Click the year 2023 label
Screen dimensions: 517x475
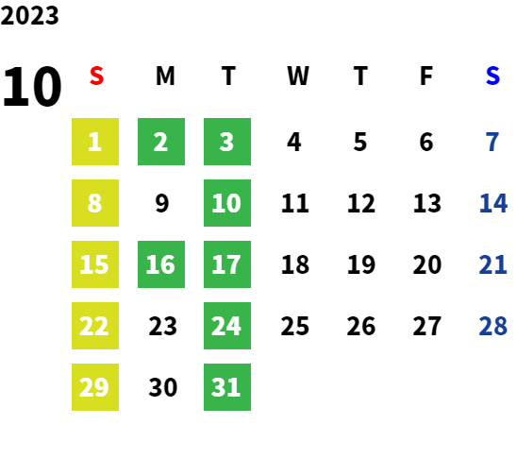click(x=29, y=15)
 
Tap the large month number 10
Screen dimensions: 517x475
click(x=32, y=86)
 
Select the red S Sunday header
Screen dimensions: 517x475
click(x=96, y=76)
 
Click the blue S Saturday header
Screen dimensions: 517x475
click(x=492, y=76)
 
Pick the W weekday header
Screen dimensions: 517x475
click(x=298, y=76)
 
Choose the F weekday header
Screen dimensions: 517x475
click(x=426, y=76)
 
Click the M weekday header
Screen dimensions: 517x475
click(x=165, y=76)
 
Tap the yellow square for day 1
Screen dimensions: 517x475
click(x=95, y=142)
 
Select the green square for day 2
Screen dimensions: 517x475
click(x=161, y=142)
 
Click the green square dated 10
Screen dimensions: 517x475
click(x=227, y=203)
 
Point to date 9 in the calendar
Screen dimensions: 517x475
click(x=162, y=203)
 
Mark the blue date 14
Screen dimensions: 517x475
click(x=492, y=203)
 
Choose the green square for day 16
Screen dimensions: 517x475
click(x=161, y=264)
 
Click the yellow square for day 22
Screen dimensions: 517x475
click(x=95, y=326)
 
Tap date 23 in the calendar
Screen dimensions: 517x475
click(x=162, y=326)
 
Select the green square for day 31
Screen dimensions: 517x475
click(x=227, y=387)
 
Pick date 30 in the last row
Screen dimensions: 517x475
click(x=163, y=387)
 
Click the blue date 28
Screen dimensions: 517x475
click(x=492, y=326)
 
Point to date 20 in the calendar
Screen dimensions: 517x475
click(x=427, y=264)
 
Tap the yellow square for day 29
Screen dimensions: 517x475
click(x=95, y=387)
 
